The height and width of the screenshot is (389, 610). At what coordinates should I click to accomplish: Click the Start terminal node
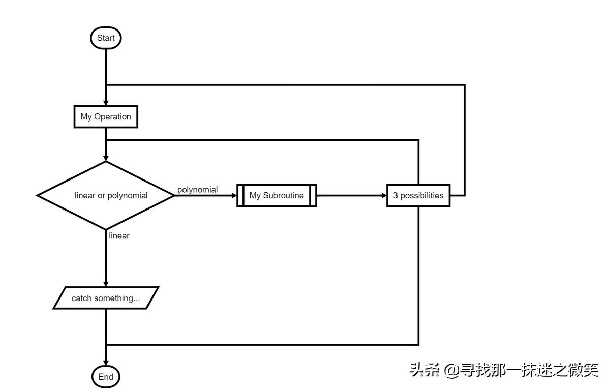[106, 38]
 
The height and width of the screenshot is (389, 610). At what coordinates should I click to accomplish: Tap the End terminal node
[106, 377]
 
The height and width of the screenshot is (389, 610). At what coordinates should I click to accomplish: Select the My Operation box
[106, 116]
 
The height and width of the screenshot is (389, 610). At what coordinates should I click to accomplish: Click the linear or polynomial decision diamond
[106, 195]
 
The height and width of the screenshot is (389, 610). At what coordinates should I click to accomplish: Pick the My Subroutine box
[277, 195]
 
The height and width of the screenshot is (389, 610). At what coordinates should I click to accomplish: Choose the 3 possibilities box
[418, 195]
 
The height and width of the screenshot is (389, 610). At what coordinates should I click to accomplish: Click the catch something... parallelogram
[106, 298]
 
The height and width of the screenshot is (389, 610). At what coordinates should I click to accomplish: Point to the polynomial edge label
[197, 190]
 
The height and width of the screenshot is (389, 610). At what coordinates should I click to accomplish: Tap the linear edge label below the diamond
[119, 236]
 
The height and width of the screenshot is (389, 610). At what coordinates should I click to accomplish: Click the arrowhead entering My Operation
[106, 103]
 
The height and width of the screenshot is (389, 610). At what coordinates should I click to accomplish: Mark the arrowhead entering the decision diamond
[106, 158]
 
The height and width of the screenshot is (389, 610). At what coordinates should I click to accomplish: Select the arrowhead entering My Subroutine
[234, 195]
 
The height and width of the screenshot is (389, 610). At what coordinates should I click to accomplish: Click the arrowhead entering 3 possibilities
[384, 195]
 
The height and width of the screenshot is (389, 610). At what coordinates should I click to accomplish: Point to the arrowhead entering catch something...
[106, 284]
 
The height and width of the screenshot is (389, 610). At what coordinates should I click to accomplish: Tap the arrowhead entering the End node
[106, 363]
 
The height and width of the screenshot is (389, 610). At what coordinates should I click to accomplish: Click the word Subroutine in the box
[283, 195]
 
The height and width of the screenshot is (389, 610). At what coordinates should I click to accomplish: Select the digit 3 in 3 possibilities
[395, 195]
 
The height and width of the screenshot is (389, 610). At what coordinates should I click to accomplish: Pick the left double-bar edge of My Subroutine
[240, 195]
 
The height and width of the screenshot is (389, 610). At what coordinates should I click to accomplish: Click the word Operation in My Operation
[112, 116]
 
